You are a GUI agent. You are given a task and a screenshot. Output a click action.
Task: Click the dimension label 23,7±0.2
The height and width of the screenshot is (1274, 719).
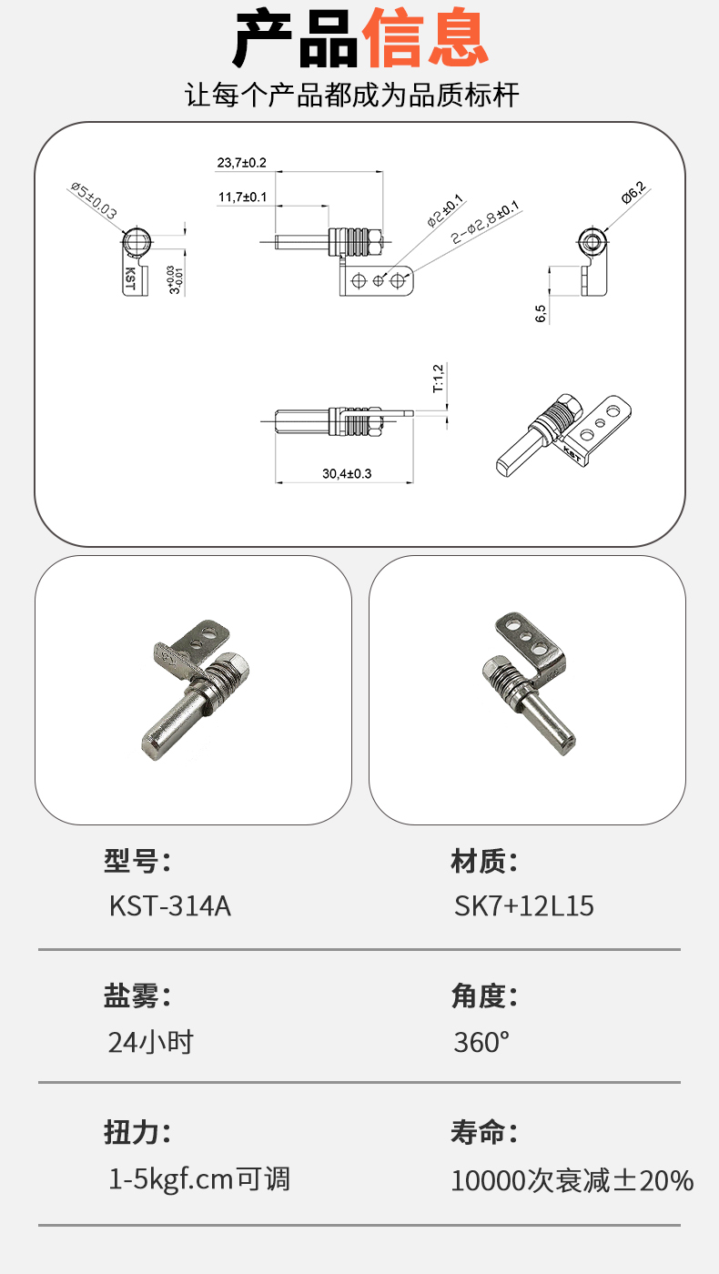[x=241, y=163]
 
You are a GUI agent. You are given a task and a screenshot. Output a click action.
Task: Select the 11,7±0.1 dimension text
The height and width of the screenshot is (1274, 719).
[x=242, y=197]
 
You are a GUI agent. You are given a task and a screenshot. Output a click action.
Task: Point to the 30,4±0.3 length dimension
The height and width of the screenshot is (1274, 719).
[x=347, y=473]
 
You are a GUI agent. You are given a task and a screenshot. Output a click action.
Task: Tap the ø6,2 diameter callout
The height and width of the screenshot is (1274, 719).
[x=633, y=192]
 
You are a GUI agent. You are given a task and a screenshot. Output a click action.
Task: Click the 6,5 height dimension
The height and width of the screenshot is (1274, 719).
[x=541, y=313]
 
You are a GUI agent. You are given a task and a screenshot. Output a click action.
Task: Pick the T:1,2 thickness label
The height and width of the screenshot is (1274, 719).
[x=438, y=379]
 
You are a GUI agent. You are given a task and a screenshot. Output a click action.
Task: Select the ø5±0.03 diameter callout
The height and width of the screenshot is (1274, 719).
[x=94, y=200]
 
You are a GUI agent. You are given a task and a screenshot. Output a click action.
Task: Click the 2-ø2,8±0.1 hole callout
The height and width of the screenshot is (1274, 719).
[x=485, y=222]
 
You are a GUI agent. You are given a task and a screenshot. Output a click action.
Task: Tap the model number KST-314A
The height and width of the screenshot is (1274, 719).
[x=170, y=905]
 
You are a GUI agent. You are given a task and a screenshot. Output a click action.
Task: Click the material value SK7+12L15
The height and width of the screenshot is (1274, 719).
[x=524, y=905]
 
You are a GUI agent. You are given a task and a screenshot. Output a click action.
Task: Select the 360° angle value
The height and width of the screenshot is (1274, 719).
[x=481, y=1042]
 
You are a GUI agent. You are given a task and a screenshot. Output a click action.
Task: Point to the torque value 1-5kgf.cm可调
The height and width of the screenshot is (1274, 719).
[x=199, y=1179]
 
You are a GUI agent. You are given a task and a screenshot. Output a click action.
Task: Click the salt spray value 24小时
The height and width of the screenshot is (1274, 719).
[x=151, y=1042]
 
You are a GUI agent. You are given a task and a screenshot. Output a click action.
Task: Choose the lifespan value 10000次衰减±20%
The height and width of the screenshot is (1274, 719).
[x=572, y=1180]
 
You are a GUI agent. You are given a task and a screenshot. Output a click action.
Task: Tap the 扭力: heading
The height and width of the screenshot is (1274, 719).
[x=137, y=1131]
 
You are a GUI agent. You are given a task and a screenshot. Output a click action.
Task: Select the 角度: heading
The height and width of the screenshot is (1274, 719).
[x=484, y=996]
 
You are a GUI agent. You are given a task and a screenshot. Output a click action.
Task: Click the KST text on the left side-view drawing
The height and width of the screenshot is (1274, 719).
[x=130, y=278]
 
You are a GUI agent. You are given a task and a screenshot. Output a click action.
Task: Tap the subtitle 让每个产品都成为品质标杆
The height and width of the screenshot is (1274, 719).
[x=351, y=95]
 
